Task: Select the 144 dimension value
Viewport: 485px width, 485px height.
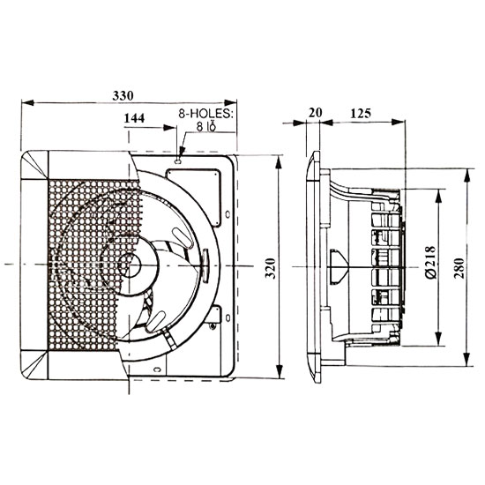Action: coord(136,116)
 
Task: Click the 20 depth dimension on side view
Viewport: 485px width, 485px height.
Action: coord(316,113)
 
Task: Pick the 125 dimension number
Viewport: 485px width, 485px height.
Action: coord(359,113)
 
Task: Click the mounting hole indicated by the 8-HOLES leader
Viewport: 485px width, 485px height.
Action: coord(180,160)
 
